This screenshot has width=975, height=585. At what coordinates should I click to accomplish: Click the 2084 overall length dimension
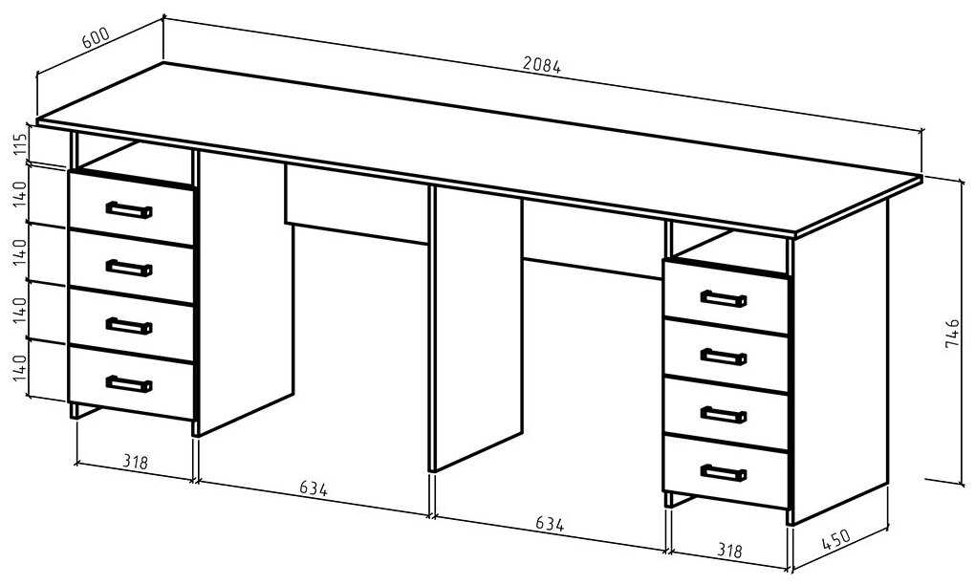(x=542, y=65)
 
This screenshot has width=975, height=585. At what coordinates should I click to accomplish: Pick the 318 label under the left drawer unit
(x=136, y=463)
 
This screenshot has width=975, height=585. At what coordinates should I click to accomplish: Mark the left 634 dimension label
(x=313, y=489)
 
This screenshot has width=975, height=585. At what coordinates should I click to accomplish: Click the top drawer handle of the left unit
(x=128, y=210)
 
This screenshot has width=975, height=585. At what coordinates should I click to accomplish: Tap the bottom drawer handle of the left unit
(x=128, y=384)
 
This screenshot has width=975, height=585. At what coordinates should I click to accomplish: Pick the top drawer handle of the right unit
(x=723, y=299)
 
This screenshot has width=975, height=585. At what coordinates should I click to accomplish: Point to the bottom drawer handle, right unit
(x=723, y=472)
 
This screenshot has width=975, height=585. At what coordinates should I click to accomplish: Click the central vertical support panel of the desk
(x=476, y=325)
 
